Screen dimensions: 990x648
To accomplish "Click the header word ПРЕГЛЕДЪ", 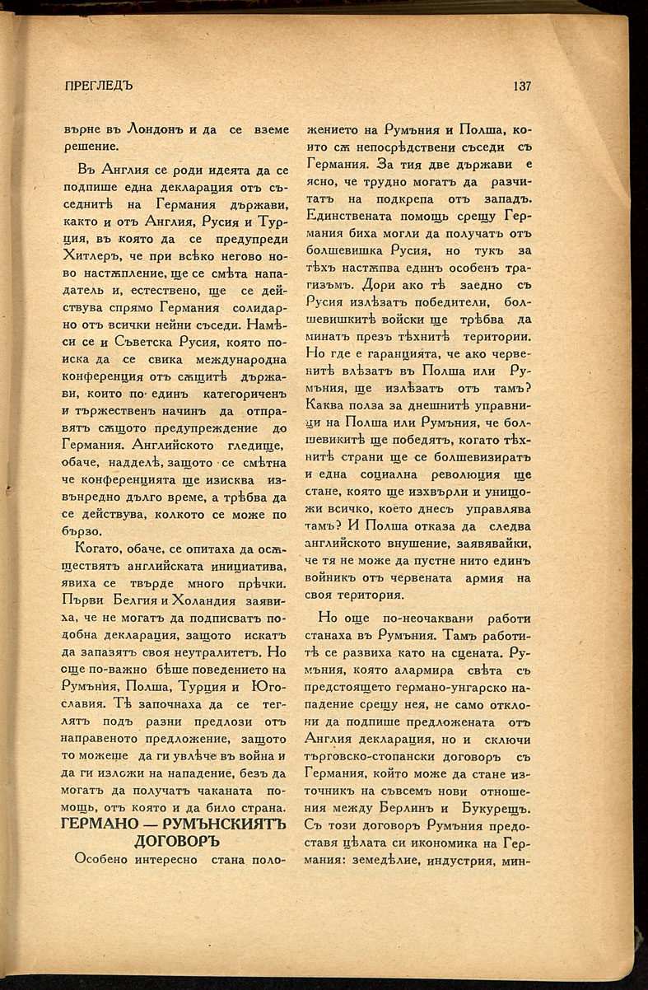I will (x=98, y=86).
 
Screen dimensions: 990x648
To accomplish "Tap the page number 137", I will (x=522, y=86).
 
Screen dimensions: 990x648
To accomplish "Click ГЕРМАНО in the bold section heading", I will (x=104, y=823).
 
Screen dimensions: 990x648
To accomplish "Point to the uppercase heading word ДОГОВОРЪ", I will (x=175, y=841).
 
